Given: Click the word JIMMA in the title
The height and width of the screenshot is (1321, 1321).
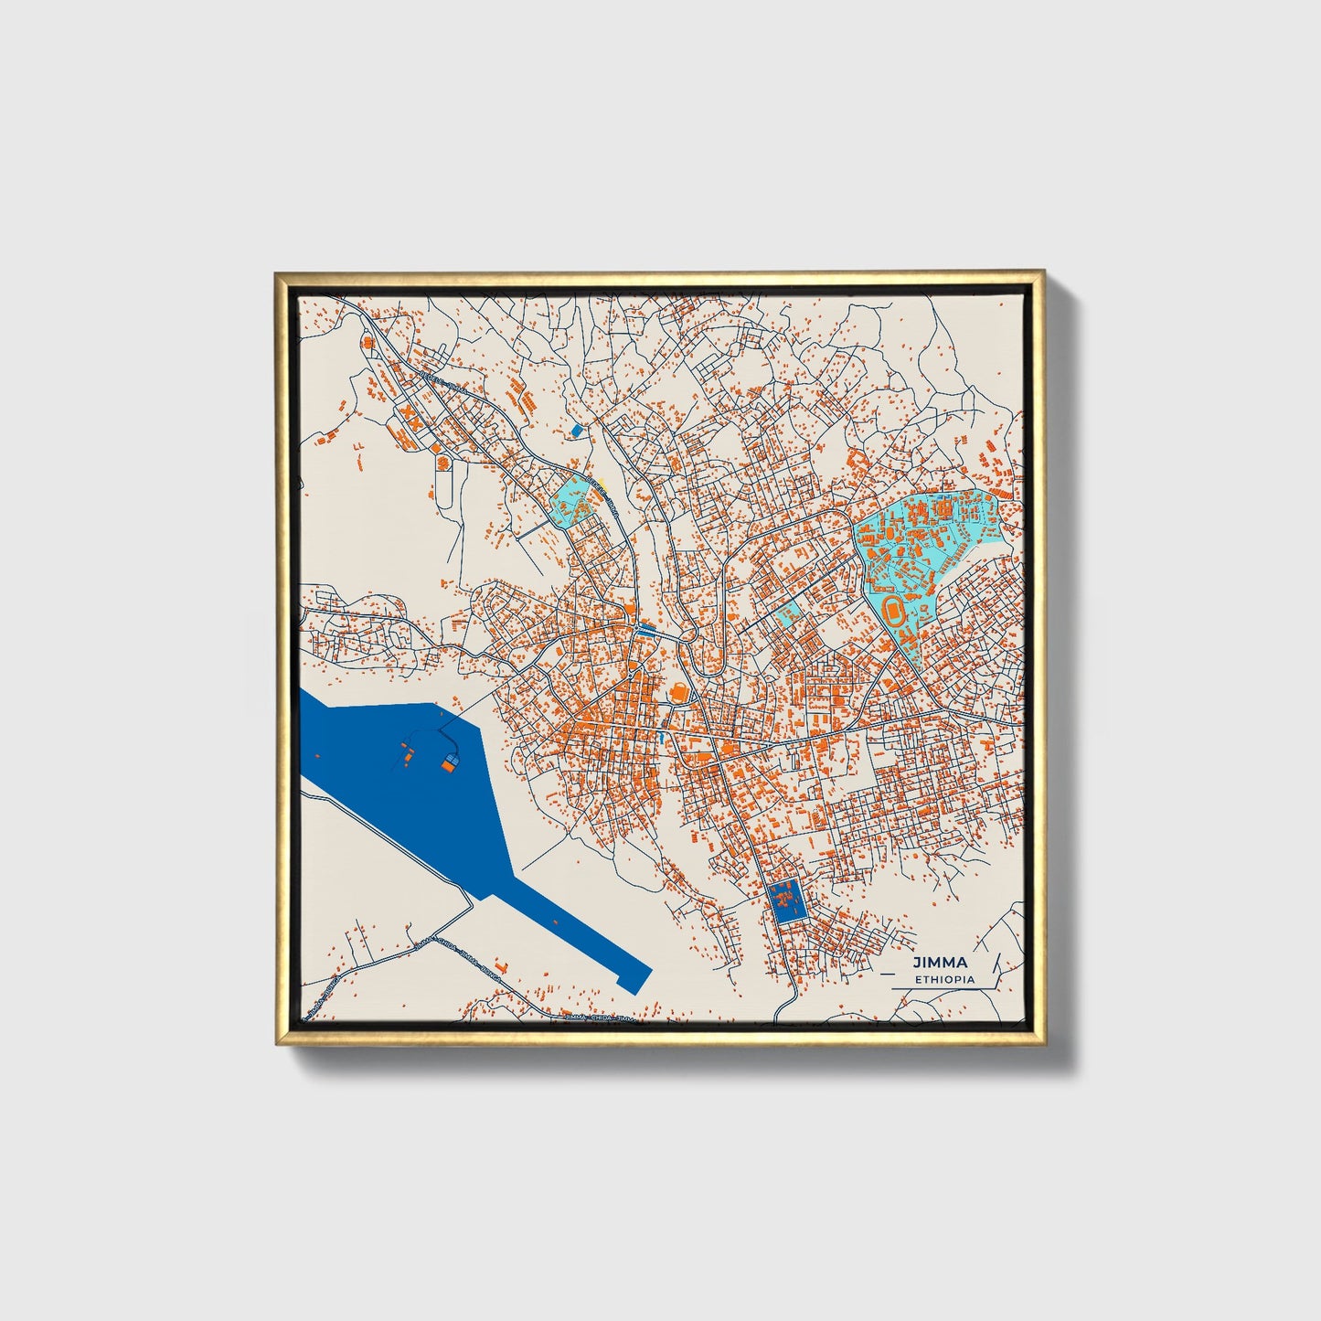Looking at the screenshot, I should tap(939, 963).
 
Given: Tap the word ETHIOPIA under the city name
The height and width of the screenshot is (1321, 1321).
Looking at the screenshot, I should tap(944, 979).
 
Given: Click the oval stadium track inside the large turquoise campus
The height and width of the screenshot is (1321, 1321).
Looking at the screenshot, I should tap(896, 610).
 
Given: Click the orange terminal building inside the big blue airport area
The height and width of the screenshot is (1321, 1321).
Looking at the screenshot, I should tap(449, 764).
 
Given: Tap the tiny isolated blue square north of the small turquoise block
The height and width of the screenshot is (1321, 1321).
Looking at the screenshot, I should tap(575, 430).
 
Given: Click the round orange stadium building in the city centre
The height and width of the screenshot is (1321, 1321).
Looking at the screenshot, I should tap(679, 694).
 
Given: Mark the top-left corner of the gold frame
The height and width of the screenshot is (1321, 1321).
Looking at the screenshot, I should tap(277, 273).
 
